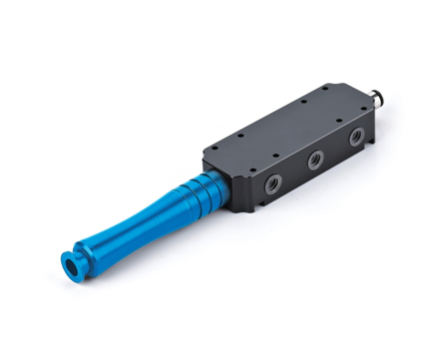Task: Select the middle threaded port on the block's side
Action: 315,160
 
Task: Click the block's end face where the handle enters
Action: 222,180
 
